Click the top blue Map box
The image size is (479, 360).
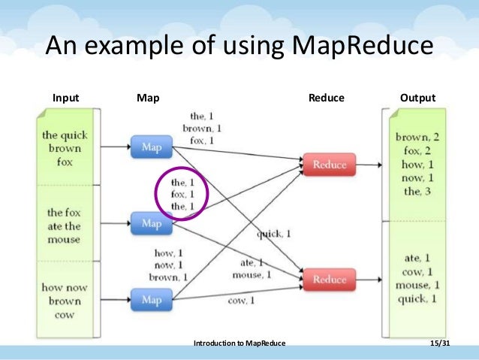[151, 147]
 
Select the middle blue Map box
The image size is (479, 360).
[151, 223]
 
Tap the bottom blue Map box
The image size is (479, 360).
[151, 299]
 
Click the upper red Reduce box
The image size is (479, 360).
[329, 163]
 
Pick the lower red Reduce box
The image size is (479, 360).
[329, 279]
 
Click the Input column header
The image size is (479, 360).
[65, 98]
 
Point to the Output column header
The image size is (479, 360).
[418, 98]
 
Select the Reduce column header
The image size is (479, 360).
[327, 98]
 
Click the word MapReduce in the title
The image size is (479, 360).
[360, 47]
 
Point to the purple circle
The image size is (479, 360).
[182, 193]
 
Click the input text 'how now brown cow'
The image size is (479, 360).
[65, 301]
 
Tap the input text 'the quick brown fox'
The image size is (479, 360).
[65, 148]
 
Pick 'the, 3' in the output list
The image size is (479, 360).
[418, 191]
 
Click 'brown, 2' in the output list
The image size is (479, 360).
[418, 137]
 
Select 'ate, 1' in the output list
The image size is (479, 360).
[417, 258]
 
